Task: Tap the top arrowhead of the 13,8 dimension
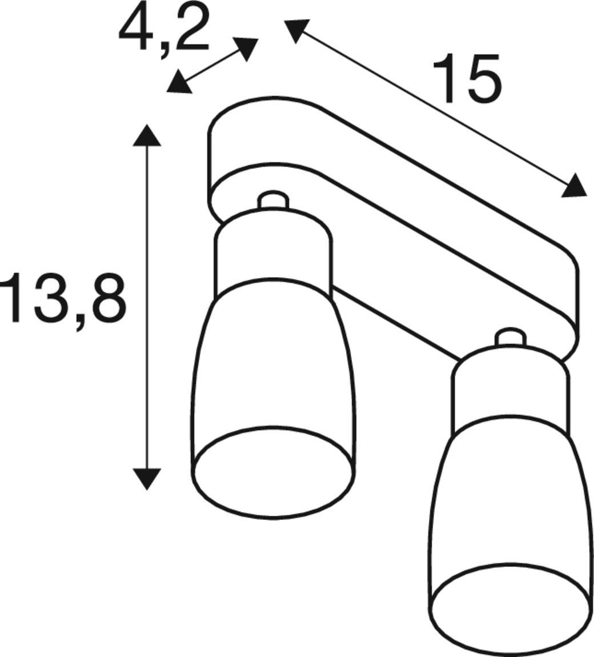pyautogui.click(x=147, y=136)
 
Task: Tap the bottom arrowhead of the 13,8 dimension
pyautogui.click(x=147, y=478)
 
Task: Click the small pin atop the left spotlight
pyautogui.click(x=272, y=201)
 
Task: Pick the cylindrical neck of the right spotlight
pyautogui.click(x=509, y=394)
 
